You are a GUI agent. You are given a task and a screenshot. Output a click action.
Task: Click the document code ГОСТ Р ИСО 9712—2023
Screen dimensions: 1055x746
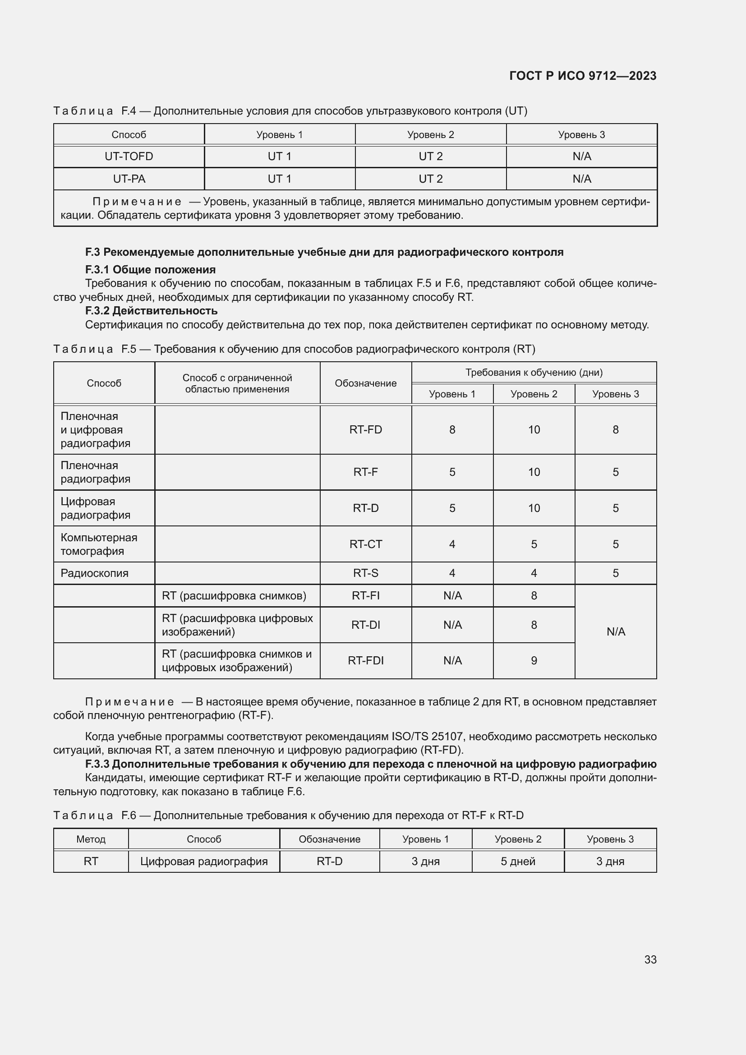582,76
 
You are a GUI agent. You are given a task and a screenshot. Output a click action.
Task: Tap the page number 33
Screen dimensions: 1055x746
650,959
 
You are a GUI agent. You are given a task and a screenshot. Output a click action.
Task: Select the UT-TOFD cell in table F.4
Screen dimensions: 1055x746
129,157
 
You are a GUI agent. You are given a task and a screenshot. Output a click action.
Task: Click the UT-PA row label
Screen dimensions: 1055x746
129,179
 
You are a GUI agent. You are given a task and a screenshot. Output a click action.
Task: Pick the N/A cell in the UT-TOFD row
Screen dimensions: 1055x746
581,157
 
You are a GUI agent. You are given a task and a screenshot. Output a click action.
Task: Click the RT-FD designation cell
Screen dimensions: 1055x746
366,430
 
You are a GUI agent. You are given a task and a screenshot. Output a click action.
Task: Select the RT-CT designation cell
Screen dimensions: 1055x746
366,544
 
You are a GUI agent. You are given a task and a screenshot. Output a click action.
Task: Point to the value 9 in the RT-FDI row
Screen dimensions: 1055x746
534,660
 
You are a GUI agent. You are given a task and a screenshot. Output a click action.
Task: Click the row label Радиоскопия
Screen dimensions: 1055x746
95,573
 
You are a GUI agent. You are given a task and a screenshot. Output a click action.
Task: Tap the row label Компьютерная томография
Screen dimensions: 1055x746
99,544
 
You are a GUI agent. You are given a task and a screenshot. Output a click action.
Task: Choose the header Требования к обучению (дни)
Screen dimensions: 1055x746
534,372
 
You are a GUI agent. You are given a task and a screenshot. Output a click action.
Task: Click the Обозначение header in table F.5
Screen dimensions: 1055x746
366,383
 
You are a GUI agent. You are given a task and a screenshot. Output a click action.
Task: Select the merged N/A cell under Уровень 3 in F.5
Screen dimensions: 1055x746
616,632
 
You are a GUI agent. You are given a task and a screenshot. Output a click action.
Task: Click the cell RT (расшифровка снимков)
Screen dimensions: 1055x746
234,595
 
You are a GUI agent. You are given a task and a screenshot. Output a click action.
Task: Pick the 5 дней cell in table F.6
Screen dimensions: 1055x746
518,862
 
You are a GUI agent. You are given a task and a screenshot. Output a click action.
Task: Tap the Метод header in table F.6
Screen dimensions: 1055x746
91,839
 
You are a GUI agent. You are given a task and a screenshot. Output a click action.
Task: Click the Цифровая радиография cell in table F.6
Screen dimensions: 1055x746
204,862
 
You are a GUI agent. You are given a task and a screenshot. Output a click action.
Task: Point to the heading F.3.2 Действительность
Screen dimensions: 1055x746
151,311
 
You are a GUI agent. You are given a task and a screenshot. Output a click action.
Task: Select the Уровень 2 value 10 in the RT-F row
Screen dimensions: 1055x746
534,472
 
